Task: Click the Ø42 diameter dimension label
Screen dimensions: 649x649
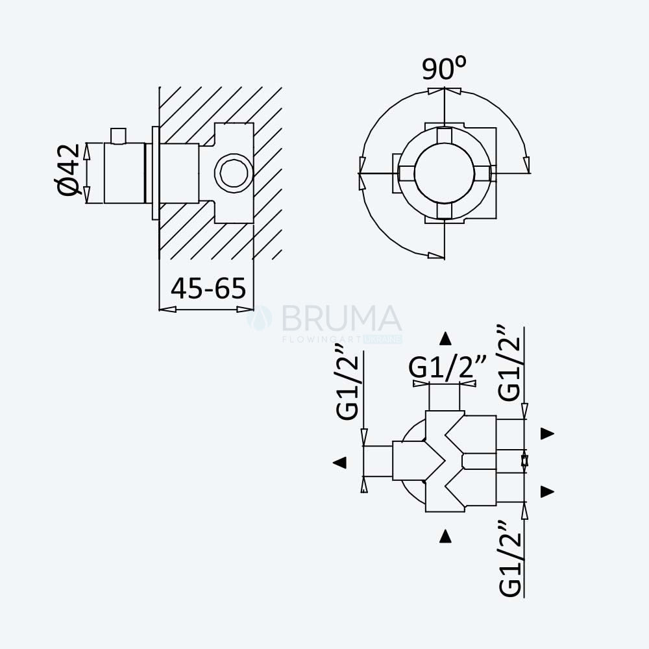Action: click(67, 169)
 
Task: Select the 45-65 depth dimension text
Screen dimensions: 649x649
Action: click(208, 289)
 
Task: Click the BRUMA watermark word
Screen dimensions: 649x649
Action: click(341, 318)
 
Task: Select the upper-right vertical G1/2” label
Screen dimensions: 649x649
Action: click(509, 363)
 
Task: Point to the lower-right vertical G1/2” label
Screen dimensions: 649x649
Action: click(510, 559)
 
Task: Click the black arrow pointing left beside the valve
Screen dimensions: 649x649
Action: click(339, 462)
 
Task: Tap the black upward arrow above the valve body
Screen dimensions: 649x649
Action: click(445, 338)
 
